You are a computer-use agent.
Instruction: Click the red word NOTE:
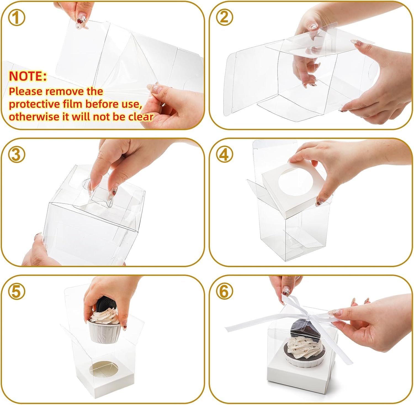click(x=28, y=76)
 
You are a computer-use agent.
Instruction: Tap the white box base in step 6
click(x=298, y=375)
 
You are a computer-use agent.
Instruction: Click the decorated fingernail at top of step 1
click(x=81, y=22)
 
